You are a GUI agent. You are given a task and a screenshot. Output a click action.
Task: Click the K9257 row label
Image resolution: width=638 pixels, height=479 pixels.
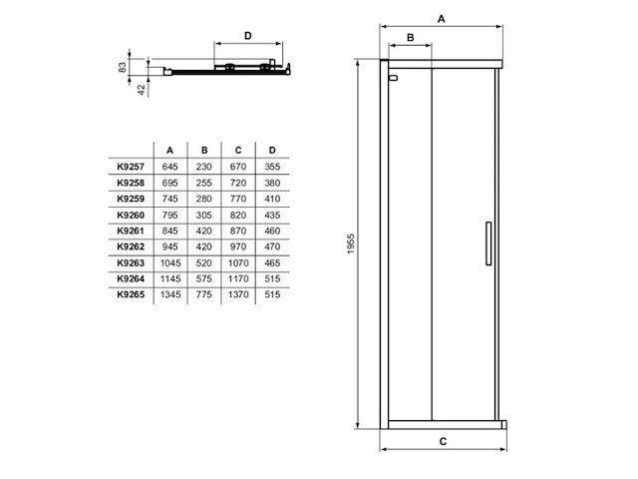coord(130,167)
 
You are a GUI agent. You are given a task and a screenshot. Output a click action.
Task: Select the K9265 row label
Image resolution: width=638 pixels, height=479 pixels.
coord(130,294)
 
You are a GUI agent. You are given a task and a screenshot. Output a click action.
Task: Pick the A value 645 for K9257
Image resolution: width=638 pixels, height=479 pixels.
coord(169,167)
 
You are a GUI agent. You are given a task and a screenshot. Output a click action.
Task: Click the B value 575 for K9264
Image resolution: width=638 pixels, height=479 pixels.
coord(204,278)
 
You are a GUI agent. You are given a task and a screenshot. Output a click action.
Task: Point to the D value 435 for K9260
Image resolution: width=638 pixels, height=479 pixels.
coord(272,215)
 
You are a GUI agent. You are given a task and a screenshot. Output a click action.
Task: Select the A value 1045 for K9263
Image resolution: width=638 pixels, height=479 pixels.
coord(169,262)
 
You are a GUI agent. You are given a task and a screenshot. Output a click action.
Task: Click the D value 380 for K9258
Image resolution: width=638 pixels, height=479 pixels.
coord(272,183)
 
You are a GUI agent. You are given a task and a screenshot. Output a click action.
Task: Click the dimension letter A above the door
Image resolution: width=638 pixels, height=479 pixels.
coord(443,18)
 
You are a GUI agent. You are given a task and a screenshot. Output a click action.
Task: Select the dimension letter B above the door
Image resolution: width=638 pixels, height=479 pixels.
coord(410,37)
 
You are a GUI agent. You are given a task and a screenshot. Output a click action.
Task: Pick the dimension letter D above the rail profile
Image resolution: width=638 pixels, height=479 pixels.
coord(248,36)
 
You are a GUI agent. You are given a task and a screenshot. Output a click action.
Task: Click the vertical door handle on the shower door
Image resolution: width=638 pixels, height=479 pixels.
coord(487,242)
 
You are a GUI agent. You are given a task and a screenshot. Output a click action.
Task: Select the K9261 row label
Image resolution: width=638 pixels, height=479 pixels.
coord(130,231)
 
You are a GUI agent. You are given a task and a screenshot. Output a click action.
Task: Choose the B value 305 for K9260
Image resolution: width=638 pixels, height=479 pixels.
coord(204,215)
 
